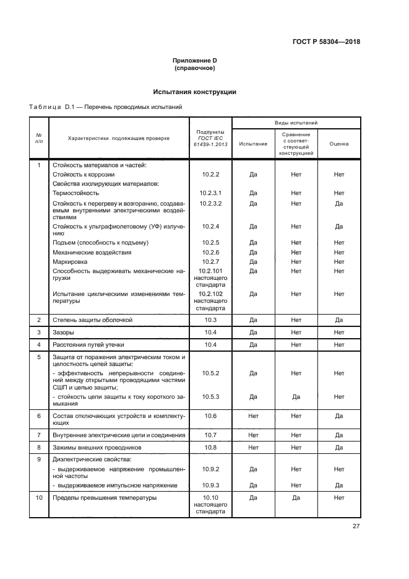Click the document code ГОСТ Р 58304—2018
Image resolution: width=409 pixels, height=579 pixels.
tap(325, 42)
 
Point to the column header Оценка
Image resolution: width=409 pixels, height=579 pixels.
tap(338, 144)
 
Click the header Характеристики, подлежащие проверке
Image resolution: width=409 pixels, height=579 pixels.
tap(118, 139)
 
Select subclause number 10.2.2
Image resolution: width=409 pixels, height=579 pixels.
tap(210, 175)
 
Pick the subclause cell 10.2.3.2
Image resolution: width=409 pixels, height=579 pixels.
tap(210, 203)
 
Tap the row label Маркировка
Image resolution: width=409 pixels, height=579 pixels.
tap(70, 262)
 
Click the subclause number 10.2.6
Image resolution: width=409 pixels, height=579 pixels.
tap(210, 253)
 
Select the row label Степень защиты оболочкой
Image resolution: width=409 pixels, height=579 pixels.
tap(92, 320)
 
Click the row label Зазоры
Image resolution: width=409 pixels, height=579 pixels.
tap(64, 333)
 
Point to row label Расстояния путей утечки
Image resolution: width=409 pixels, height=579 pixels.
tap(88, 344)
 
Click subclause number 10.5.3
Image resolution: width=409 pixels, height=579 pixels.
tap(210, 396)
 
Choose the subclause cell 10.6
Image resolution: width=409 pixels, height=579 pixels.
tap(210, 416)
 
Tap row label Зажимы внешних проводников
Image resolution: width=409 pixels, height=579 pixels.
tap(97, 447)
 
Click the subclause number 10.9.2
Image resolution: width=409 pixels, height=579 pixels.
tap(210, 469)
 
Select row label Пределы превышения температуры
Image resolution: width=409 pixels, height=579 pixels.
tap(105, 498)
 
